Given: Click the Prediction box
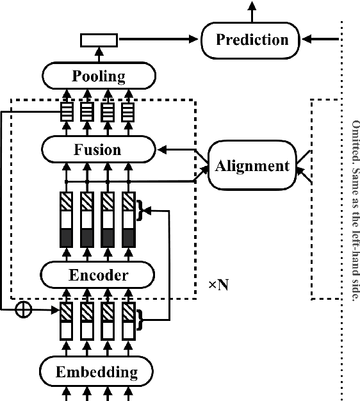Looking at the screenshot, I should tap(252, 40).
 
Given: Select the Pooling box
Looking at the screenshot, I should tap(98, 76).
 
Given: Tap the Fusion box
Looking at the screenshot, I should tap(98, 150).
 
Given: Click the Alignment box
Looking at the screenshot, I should tap(252, 167).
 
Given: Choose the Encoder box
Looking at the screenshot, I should tap(98, 275).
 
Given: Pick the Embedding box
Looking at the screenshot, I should tap(97, 372).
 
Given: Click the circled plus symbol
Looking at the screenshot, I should tap(24, 309).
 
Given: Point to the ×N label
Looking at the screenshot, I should tap(218, 284).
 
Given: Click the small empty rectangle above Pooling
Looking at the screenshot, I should tap(99, 40).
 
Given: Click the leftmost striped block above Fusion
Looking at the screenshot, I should tap(66, 113).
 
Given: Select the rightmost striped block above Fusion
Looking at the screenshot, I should tap(129, 113).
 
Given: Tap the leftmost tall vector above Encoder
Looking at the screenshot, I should tap(66, 219).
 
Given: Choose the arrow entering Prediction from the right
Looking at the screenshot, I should tap(320, 40).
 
